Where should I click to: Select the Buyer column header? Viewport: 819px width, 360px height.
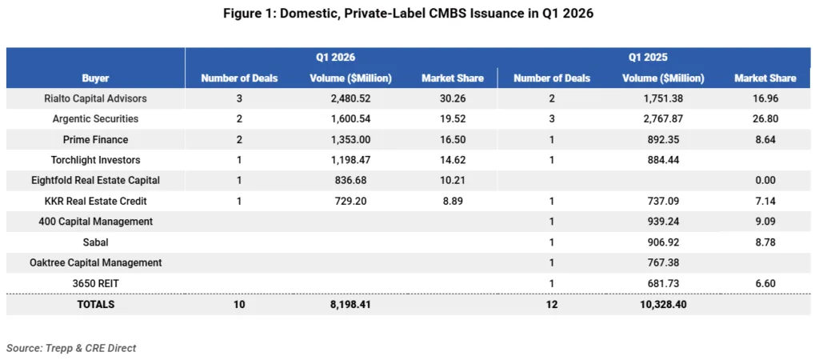point(95,78)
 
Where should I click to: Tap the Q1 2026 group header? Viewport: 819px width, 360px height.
point(335,58)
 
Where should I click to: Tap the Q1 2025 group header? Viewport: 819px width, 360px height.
point(647,58)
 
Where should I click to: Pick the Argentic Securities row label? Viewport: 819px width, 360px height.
point(95,119)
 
